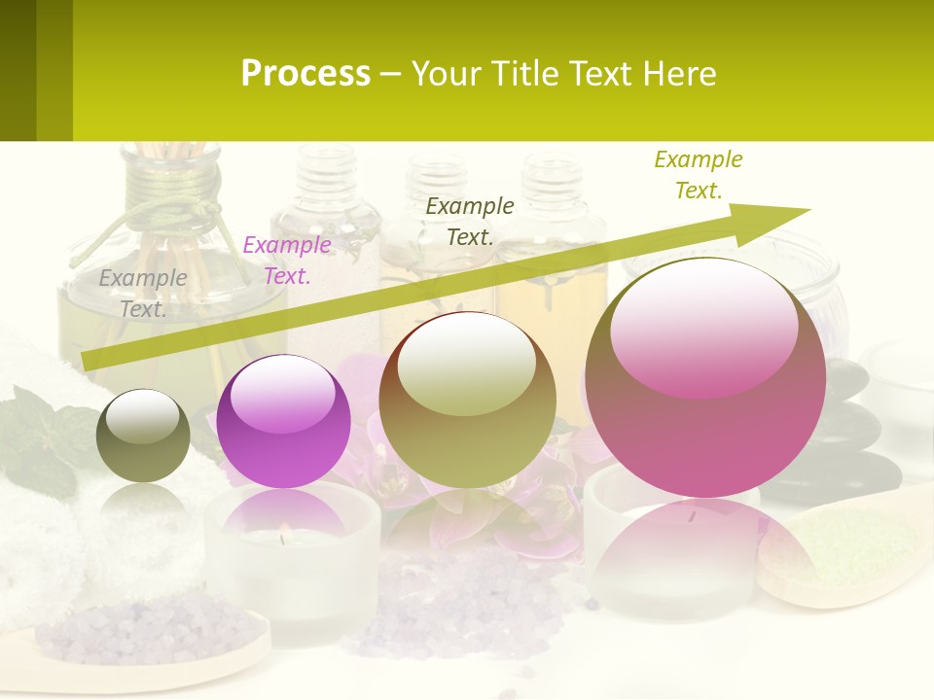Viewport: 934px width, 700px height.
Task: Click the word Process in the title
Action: coord(305,73)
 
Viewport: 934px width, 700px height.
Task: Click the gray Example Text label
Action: coord(143,293)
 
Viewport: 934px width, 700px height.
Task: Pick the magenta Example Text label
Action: coord(287,261)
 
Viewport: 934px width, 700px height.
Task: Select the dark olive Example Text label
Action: coord(470,221)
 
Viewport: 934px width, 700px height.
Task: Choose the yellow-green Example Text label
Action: coord(699,174)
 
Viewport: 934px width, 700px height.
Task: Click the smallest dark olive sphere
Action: coord(143,436)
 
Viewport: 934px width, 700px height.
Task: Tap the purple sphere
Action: coord(283,422)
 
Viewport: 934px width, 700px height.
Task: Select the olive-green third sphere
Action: coord(467,401)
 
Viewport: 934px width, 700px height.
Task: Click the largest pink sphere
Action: coord(705,379)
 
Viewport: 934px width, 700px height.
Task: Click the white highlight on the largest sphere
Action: coord(703,326)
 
